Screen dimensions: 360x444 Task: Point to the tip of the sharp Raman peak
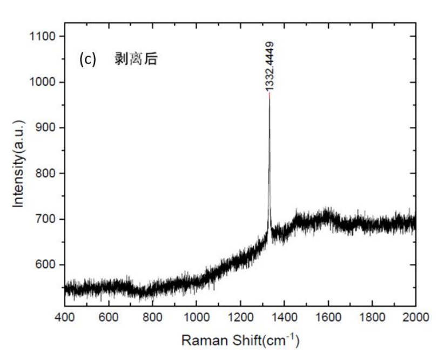click(x=269, y=94)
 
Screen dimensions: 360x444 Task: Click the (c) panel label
click(x=87, y=59)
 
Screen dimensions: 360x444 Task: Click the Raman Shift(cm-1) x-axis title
click(x=240, y=341)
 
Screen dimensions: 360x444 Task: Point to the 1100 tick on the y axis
click(x=43, y=36)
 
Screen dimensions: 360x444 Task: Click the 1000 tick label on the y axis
click(x=43, y=82)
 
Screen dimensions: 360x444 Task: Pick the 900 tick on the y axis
click(x=45, y=128)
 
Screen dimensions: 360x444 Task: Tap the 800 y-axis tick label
click(x=45, y=173)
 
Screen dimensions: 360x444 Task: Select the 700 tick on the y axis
click(x=45, y=219)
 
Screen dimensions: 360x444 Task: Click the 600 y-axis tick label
click(x=45, y=265)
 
